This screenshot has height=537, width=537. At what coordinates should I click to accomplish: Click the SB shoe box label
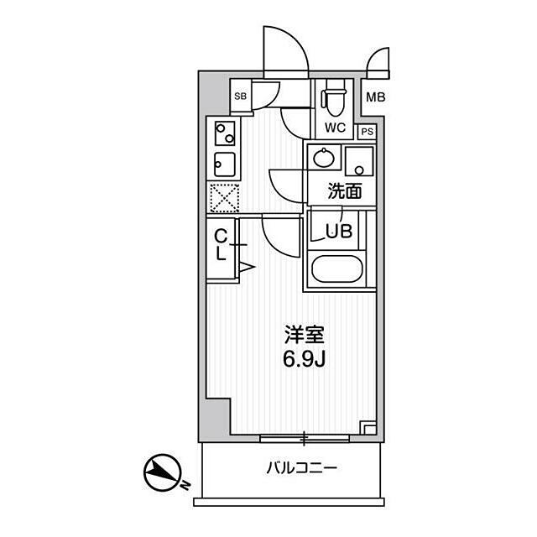[241, 96]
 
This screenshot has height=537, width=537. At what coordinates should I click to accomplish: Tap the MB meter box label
[376, 97]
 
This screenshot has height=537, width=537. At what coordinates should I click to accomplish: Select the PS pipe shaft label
[368, 132]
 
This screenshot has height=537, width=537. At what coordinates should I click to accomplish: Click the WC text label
[336, 128]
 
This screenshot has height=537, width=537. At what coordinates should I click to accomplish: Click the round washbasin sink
[324, 158]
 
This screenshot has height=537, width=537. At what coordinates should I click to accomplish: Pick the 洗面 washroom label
[345, 191]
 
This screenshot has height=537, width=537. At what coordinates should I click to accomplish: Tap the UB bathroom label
[339, 232]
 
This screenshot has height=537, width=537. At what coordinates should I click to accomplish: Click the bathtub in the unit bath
[336, 268]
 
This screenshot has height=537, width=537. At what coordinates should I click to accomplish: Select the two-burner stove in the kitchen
[225, 133]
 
